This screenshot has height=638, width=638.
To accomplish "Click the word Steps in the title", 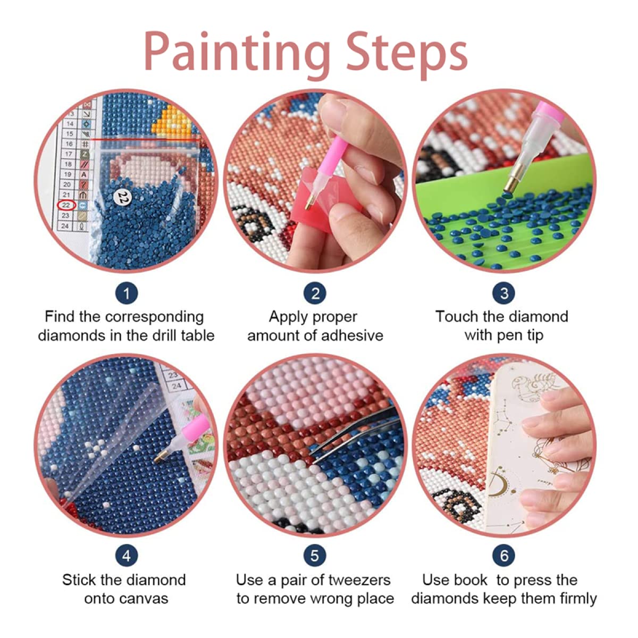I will (406, 52).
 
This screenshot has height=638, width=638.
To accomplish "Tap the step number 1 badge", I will (127, 293).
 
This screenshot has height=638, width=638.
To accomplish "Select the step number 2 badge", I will (315, 293).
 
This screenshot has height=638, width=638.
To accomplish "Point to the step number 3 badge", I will (504, 293).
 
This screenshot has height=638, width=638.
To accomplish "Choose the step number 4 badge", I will (127, 556).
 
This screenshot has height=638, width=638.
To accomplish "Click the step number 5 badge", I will (315, 556).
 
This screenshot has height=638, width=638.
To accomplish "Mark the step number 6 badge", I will (504, 556).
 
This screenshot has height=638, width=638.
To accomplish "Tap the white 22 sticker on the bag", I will (123, 197).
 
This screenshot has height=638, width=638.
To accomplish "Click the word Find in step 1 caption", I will (58, 317).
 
